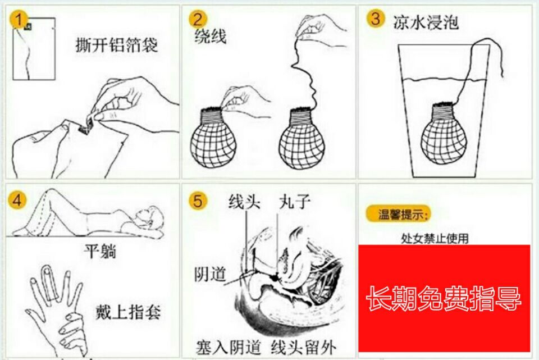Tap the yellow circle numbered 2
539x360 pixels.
[x=198, y=19]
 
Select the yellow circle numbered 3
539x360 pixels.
[x=376, y=18]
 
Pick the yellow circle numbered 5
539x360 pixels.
[x=198, y=200]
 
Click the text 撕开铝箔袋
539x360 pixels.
[x=117, y=45]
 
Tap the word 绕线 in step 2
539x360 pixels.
[x=211, y=37]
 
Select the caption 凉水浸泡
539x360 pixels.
[x=426, y=22]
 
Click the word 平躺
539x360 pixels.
[x=100, y=252]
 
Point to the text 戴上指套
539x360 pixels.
[x=128, y=313]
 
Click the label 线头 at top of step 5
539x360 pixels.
[x=244, y=202]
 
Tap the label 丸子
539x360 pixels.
[x=295, y=202]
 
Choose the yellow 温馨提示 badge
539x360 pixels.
[x=399, y=214]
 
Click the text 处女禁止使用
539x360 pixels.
[x=435, y=238]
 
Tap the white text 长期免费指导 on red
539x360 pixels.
[x=444, y=298]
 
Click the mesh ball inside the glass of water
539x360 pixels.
[x=444, y=134]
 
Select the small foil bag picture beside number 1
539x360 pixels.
[x=34, y=49]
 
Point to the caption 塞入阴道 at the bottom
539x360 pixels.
[x=229, y=347]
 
